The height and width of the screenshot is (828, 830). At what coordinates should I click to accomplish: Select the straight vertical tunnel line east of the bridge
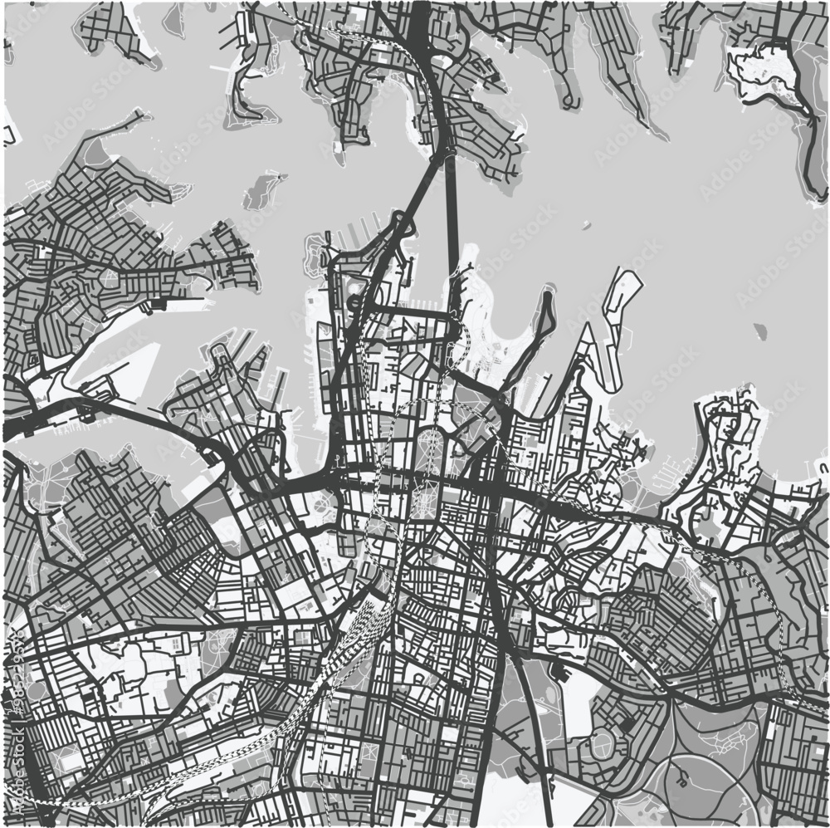click(452, 233)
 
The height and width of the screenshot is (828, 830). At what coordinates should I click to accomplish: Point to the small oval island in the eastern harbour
click(759, 331)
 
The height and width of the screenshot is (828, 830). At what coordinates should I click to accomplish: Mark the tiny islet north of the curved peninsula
click(587, 225)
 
